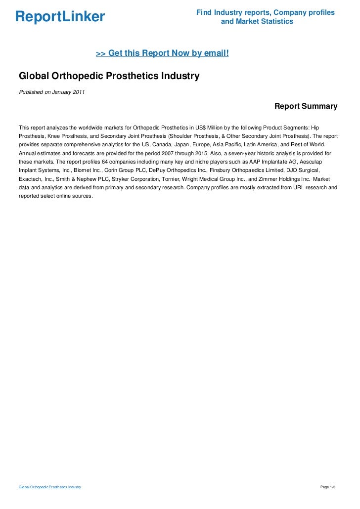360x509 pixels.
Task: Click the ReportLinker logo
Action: coord(60,17)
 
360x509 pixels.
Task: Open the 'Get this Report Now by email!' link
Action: coord(162,53)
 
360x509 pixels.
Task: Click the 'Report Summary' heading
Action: coord(306,106)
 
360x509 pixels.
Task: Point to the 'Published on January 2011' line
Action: coord(51,91)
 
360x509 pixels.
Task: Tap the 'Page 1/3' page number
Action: coord(328,487)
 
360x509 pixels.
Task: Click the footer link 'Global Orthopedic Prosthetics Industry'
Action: coord(50,487)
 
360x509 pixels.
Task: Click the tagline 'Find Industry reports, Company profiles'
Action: coord(265,12)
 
